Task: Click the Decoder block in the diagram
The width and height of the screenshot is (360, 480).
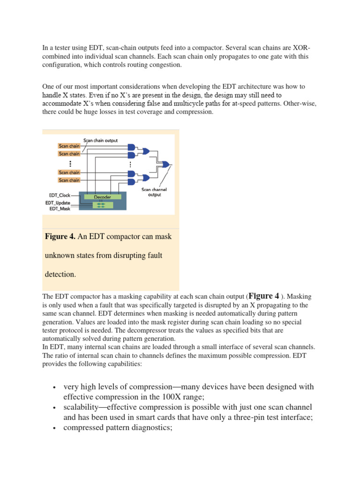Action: click(102, 197)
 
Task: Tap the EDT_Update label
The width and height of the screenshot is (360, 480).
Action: click(58, 202)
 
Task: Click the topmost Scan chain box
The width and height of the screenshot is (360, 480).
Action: click(69, 146)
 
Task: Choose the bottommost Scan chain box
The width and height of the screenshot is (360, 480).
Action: click(69, 180)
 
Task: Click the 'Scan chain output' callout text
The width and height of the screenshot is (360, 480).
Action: click(100, 140)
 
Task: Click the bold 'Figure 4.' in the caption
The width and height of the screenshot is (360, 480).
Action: click(60, 237)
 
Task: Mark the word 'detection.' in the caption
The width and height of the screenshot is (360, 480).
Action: click(60, 274)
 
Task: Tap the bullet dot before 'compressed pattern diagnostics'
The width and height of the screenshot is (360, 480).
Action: click(55, 428)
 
